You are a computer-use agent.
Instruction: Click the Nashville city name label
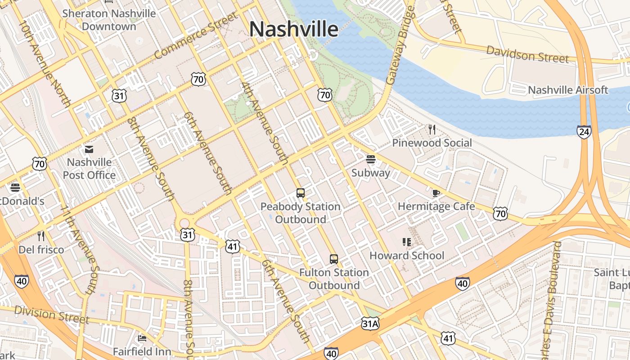click(293, 29)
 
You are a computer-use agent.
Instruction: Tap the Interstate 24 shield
click(584, 132)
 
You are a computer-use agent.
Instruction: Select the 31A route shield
click(370, 323)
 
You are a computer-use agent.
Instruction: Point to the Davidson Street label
click(527, 54)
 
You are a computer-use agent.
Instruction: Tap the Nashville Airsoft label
click(568, 90)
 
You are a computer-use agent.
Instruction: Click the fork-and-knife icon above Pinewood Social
click(432, 130)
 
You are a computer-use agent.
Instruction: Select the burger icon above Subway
click(371, 159)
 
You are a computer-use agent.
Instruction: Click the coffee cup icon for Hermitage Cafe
click(436, 193)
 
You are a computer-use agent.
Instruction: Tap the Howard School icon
click(407, 242)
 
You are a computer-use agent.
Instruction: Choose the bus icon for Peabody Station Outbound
click(301, 193)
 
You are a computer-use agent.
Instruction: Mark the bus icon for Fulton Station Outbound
click(333, 259)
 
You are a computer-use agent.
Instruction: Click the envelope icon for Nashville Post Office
click(89, 149)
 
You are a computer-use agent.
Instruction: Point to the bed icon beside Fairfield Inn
click(142, 338)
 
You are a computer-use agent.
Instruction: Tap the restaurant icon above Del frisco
click(41, 236)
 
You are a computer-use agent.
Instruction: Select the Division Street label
click(51, 314)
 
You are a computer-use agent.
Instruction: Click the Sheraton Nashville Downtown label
click(109, 20)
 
